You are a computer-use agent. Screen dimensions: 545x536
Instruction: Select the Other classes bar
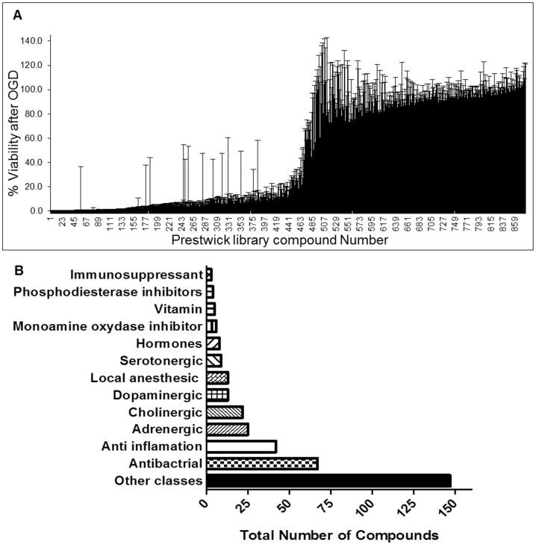point(328,481)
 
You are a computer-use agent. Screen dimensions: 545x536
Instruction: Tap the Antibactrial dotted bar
point(262,464)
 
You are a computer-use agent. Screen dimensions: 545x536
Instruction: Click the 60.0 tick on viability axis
point(36,137)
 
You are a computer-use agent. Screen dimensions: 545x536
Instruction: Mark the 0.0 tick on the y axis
point(39,211)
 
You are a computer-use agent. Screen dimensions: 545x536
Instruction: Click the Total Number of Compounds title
point(339,535)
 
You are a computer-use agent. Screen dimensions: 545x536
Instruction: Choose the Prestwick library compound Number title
point(279,241)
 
